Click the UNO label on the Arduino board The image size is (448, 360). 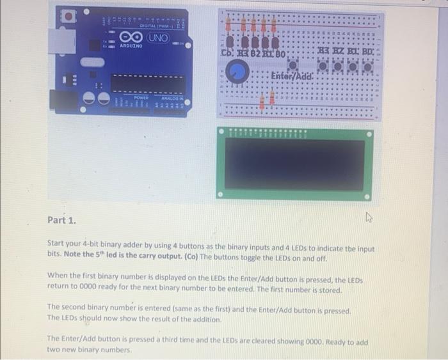coord(159,38)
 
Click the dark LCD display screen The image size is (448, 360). coord(294,164)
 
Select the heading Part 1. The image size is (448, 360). coord(61,221)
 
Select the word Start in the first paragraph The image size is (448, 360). coord(58,248)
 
